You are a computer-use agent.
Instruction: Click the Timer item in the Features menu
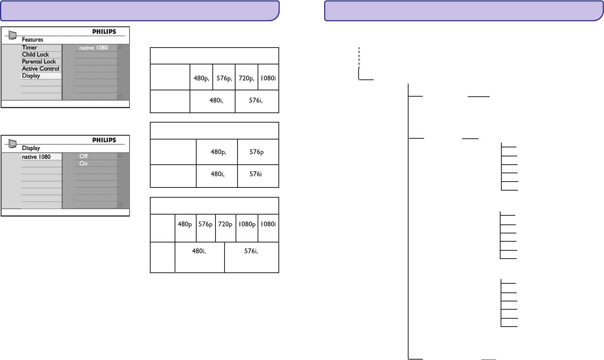[x=29, y=48]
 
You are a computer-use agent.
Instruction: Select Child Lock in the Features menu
[x=35, y=55]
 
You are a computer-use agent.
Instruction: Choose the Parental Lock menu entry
[x=39, y=62]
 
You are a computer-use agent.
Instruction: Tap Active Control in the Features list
[x=41, y=69]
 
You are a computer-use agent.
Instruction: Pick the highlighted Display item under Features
[x=31, y=76]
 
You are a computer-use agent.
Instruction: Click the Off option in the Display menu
[x=83, y=156]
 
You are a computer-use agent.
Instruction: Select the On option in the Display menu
[x=83, y=163]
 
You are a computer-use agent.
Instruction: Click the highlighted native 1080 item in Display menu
[x=36, y=157]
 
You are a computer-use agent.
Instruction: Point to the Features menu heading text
[x=33, y=40]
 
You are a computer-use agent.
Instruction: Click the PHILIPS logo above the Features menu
[x=104, y=32]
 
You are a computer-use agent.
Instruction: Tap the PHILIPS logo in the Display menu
[x=104, y=140]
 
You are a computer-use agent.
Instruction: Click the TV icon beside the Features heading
[x=13, y=36]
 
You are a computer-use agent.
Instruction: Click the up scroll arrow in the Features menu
[x=120, y=47]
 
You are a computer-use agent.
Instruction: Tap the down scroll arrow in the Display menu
[x=120, y=206]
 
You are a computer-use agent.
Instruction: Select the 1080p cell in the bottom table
[x=247, y=224]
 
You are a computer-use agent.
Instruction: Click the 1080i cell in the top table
[x=268, y=78]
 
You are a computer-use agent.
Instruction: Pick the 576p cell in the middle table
[x=256, y=152]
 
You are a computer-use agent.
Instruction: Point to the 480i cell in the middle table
[x=217, y=174]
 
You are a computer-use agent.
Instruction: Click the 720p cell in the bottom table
[x=225, y=224]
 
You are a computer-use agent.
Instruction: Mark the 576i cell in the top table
[x=256, y=101]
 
